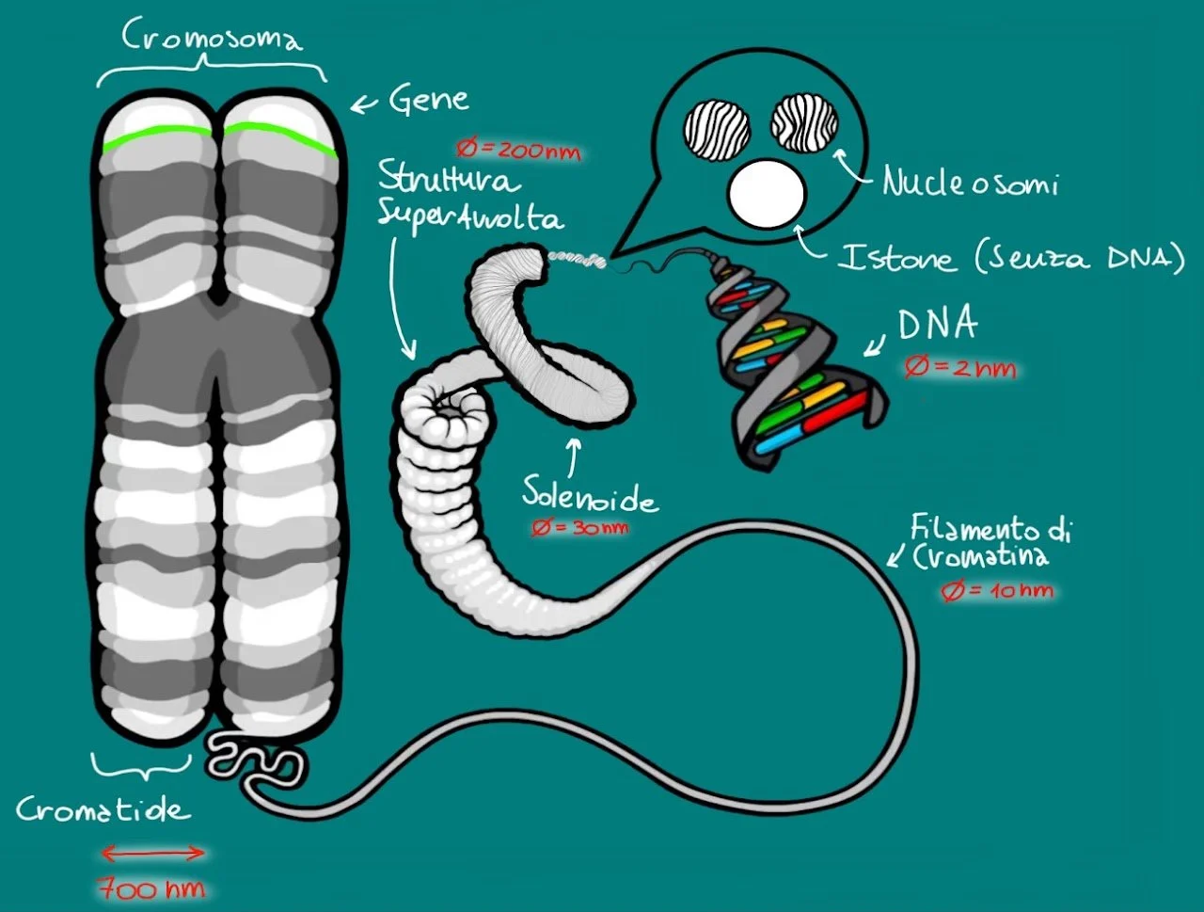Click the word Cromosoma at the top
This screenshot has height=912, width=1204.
(213, 38)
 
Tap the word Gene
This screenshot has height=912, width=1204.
(428, 99)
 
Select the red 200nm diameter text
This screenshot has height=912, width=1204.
(518, 150)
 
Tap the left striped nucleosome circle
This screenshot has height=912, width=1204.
(716, 129)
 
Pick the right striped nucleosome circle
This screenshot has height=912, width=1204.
(803, 123)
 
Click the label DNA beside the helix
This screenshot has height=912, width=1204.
(937, 325)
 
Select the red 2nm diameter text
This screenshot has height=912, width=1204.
(960, 367)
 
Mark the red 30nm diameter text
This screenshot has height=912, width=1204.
(579, 527)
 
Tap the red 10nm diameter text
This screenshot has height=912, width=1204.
(997, 591)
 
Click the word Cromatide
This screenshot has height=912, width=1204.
(103, 809)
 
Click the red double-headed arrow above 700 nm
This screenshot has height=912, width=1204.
(152, 854)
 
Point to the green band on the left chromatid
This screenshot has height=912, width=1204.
(157, 136)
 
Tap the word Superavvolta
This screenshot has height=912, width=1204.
(470, 216)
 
